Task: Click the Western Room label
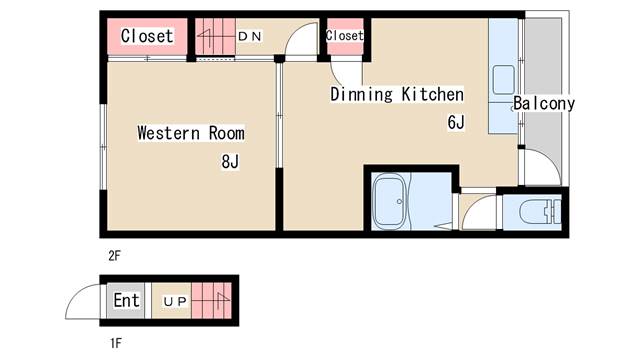pos(191,133)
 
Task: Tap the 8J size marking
pos(230,162)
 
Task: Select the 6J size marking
pos(456,122)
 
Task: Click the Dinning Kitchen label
pos(397,94)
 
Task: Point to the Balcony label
pos(544,103)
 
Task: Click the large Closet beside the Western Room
pos(147,36)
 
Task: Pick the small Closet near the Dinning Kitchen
pos(345,36)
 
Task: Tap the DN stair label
pos(249,36)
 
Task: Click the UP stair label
pos(175,302)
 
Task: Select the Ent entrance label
pos(127,300)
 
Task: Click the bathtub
pos(390,201)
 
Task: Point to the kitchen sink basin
pos(504,80)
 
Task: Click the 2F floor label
pos(115,256)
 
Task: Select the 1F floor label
pos(116,343)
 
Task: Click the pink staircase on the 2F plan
pos(215,36)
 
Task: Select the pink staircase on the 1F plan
pos(211,301)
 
